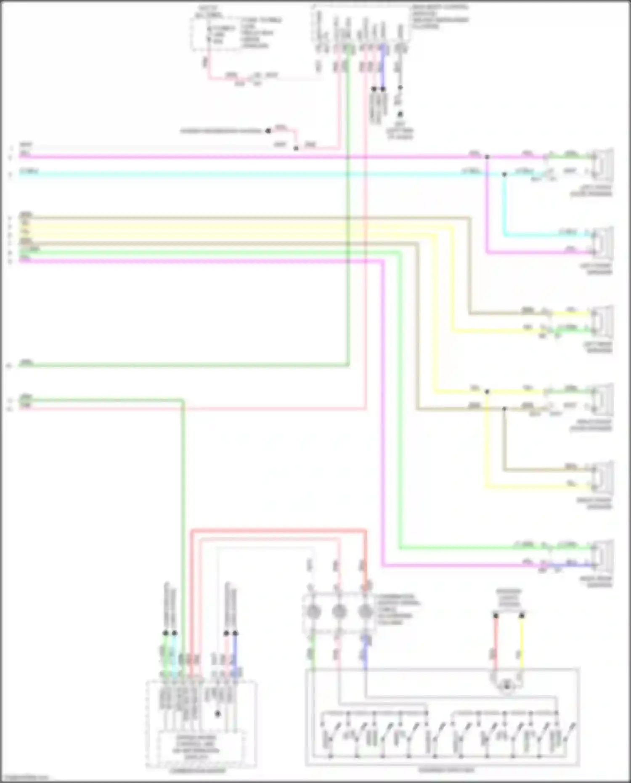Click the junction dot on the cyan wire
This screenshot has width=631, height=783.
[x=504, y=174]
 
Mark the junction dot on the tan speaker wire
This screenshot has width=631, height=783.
[x=504, y=409]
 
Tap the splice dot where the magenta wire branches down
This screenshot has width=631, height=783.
[x=487, y=157]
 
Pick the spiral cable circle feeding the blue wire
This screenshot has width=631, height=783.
[x=365, y=611]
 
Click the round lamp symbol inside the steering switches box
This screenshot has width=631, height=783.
[x=507, y=686]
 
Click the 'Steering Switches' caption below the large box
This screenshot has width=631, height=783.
[x=446, y=770]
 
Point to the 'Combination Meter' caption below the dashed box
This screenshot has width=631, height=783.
[x=198, y=771]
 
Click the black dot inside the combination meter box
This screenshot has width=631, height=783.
[x=217, y=714]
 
